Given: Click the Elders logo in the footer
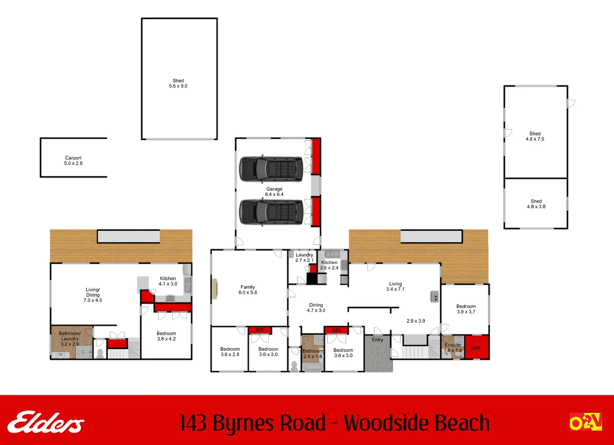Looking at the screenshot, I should [x=46, y=422].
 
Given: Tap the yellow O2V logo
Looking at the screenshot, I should [x=586, y=422].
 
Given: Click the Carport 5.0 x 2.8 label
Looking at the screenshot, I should [x=73, y=161].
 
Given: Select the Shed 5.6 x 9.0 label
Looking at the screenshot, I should [x=178, y=84].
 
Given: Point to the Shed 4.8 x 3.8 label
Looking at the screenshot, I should [x=536, y=204].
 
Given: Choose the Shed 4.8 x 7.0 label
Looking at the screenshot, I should [x=535, y=136].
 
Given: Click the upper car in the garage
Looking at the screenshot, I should [x=271, y=169].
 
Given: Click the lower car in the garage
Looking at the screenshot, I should [x=271, y=212].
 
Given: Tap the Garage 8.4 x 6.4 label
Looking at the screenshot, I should [x=274, y=192].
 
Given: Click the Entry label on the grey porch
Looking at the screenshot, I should [x=377, y=340].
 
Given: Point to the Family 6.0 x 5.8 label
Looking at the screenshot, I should [x=247, y=290].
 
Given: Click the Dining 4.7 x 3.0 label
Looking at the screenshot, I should [x=316, y=308].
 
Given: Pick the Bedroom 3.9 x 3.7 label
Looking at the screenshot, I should [x=466, y=309].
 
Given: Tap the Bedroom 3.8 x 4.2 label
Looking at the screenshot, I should [x=166, y=336].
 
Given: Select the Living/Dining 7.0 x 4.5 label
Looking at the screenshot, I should [x=93, y=295].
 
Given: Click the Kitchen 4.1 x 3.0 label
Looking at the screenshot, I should [x=168, y=281].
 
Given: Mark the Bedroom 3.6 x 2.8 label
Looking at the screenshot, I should [x=230, y=351].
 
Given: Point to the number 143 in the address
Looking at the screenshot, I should [x=194, y=423].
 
